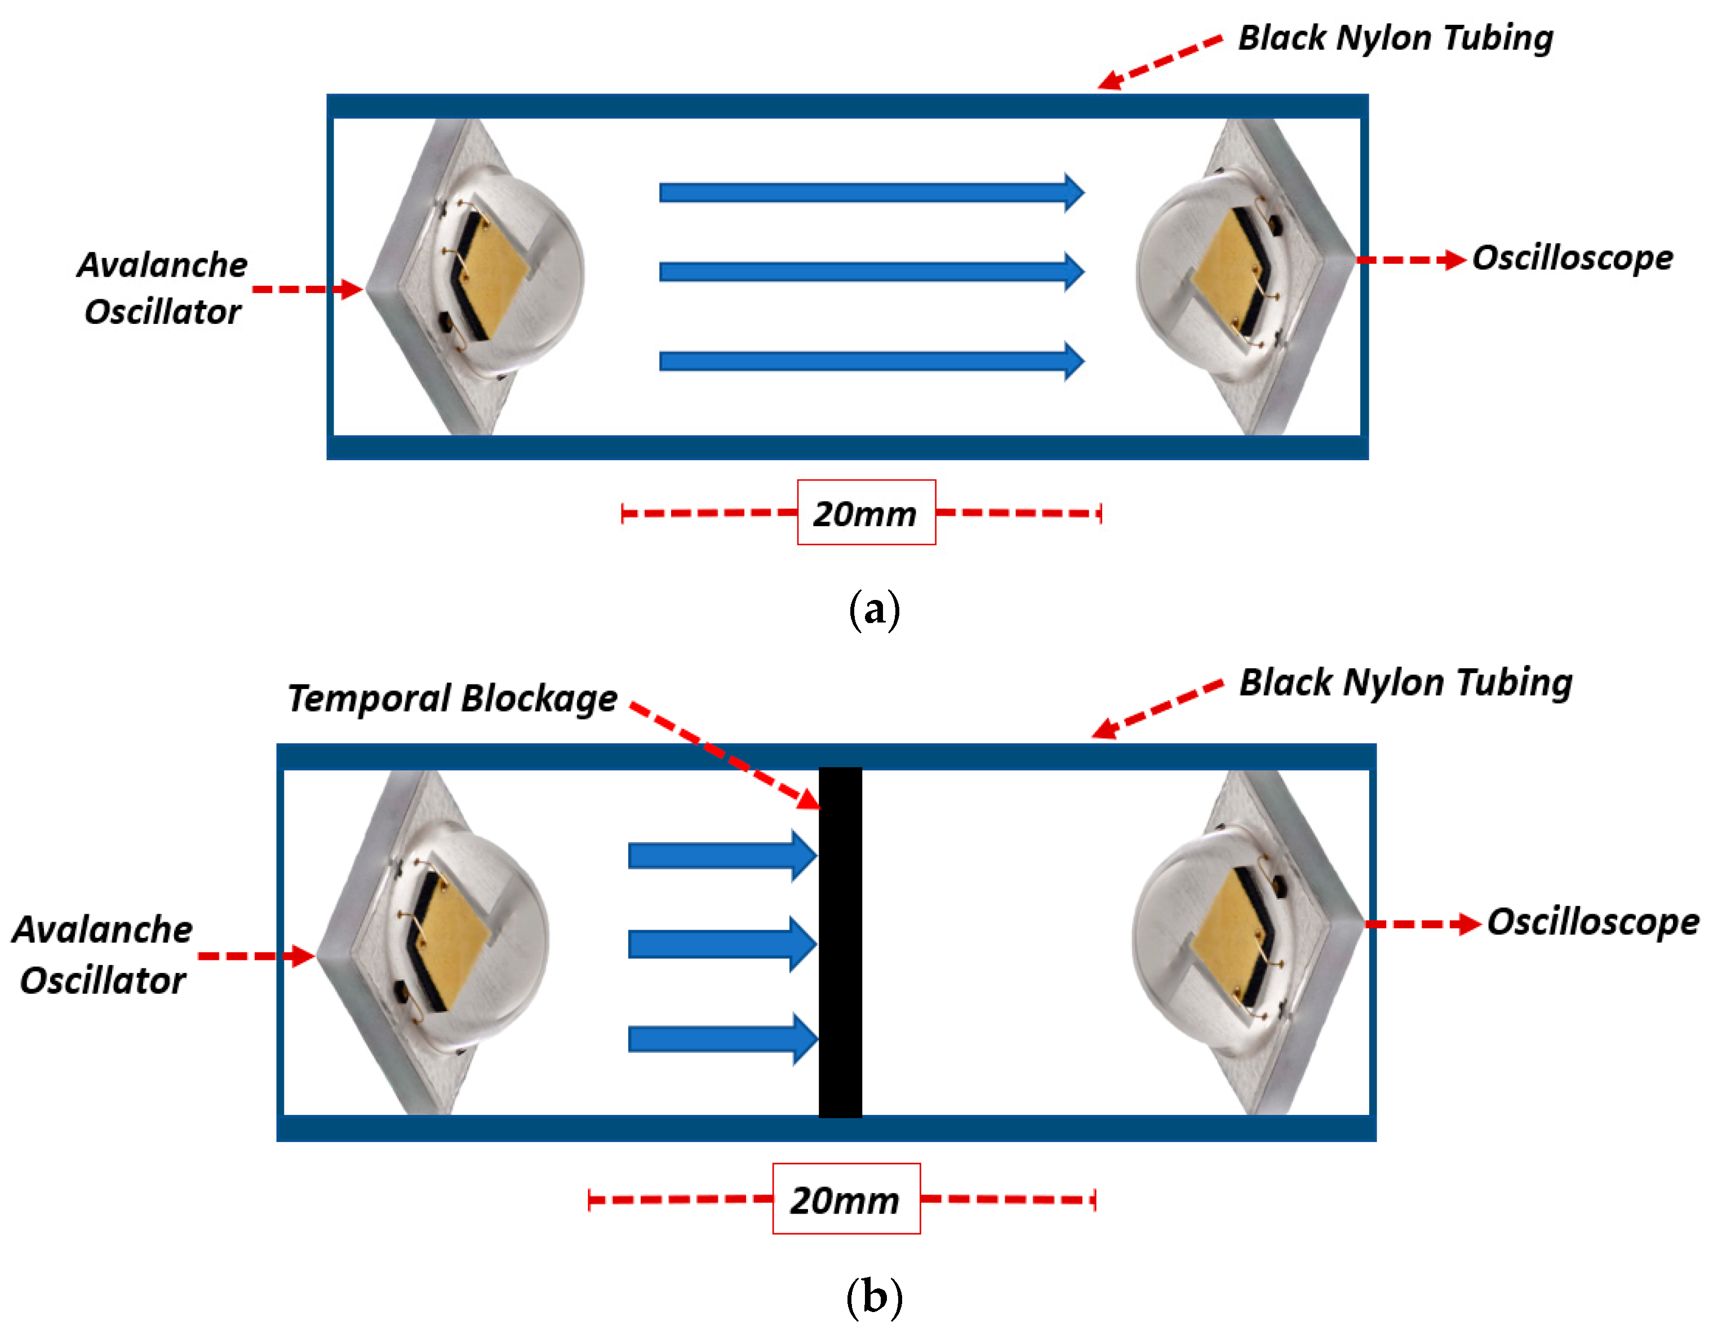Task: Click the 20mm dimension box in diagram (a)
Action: (x=866, y=512)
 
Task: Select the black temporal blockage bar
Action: (x=840, y=942)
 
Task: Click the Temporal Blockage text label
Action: (x=452, y=699)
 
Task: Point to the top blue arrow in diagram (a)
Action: (x=871, y=192)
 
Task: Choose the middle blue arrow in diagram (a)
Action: (x=871, y=272)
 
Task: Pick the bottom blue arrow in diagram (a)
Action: (x=871, y=361)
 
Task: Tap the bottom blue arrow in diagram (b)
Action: (x=722, y=1039)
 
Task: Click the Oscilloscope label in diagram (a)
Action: (x=1572, y=258)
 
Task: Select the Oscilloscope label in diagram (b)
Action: (x=1592, y=922)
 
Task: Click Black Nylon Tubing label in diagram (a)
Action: (x=1395, y=38)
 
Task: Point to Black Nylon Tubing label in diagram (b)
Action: (x=1405, y=682)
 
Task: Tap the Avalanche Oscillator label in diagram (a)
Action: (x=162, y=288)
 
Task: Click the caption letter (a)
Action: (x=874, y=610)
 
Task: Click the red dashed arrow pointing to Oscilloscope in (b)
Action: (x=1421, y=924)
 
